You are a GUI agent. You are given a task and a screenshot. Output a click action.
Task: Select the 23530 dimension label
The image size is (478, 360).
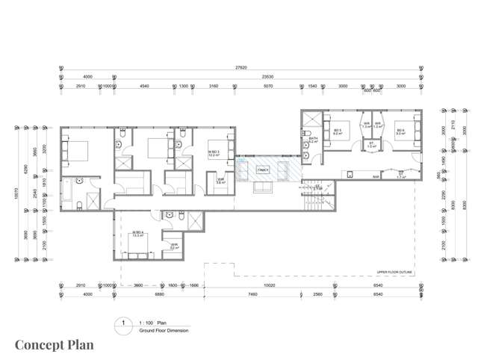coord(265,76)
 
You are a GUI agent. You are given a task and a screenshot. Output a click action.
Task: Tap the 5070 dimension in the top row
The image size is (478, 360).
coord(267,86)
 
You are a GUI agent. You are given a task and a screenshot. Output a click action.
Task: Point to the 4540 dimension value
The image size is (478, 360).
coord(145,86)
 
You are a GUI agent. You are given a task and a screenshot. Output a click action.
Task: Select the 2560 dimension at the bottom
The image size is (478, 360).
coord(317,294)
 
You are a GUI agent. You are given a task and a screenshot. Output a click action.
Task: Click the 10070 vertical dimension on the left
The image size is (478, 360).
coord(16,193)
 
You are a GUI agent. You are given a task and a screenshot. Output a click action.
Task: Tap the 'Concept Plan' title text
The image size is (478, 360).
coord(55,344)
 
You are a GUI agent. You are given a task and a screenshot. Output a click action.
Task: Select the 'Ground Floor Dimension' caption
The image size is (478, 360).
coord(164,329)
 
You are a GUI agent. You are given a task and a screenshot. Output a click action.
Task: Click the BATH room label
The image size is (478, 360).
coord(313,139)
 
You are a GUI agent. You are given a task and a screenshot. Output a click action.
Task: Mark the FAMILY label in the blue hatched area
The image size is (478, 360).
coord(263,170)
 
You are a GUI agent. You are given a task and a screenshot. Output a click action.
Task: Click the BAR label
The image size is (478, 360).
coord(376,177)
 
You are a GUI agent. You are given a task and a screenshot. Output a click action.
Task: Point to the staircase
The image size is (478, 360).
coord(316,198)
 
